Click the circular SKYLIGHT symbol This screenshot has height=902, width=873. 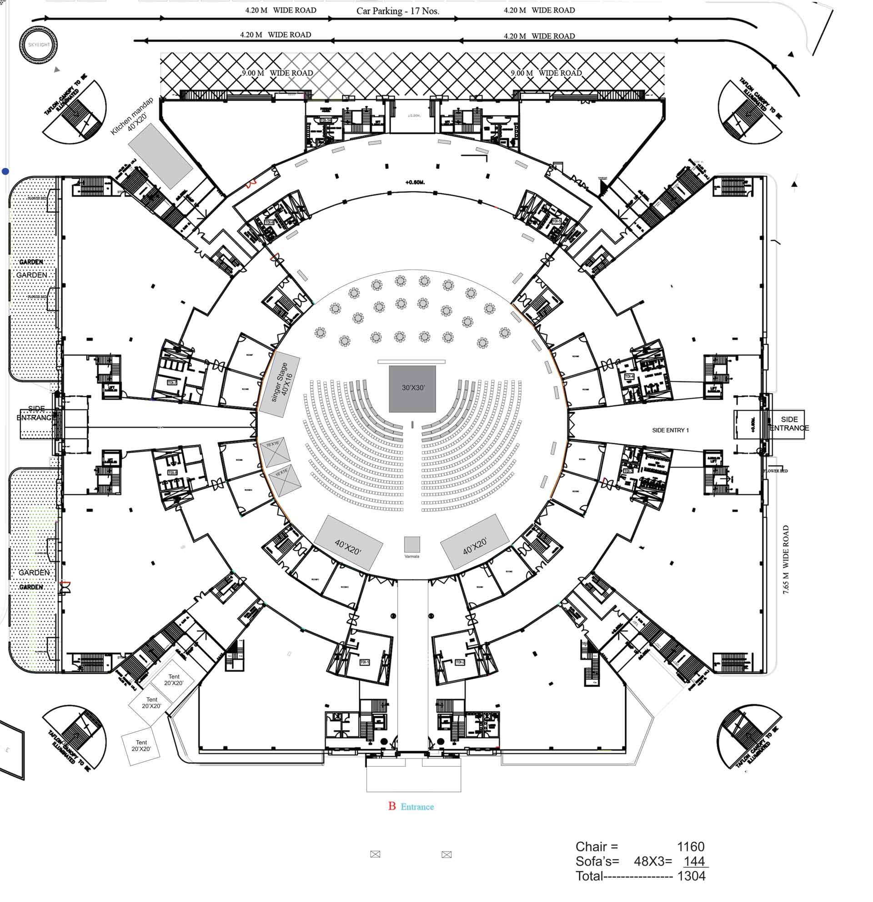click(x=38, y=45)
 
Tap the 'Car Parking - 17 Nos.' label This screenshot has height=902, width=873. click(x=397, y=11)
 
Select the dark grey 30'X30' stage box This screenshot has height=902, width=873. click(x=412, y=389)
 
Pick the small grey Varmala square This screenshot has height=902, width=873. click(x=411, y=544)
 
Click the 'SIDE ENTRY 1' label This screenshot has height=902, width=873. click(x=670, y=430)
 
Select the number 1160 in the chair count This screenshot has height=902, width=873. click(x=690, y=847)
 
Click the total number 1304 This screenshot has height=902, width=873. click(x=691, y=876)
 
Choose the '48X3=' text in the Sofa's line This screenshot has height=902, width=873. click(x=652, y=862)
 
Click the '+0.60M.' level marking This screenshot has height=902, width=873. click(x=415, y=182)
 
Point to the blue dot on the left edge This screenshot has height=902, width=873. click(x=5, y=172)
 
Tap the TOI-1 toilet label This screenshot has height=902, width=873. click(x=364, y=662)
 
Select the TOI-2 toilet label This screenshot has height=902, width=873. click(x=460, y=662)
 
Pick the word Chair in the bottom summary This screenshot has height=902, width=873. click(x=591, y=847)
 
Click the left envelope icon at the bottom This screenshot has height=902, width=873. click(x=375, y=854)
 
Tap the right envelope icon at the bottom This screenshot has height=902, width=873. click(x=446, y=855)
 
